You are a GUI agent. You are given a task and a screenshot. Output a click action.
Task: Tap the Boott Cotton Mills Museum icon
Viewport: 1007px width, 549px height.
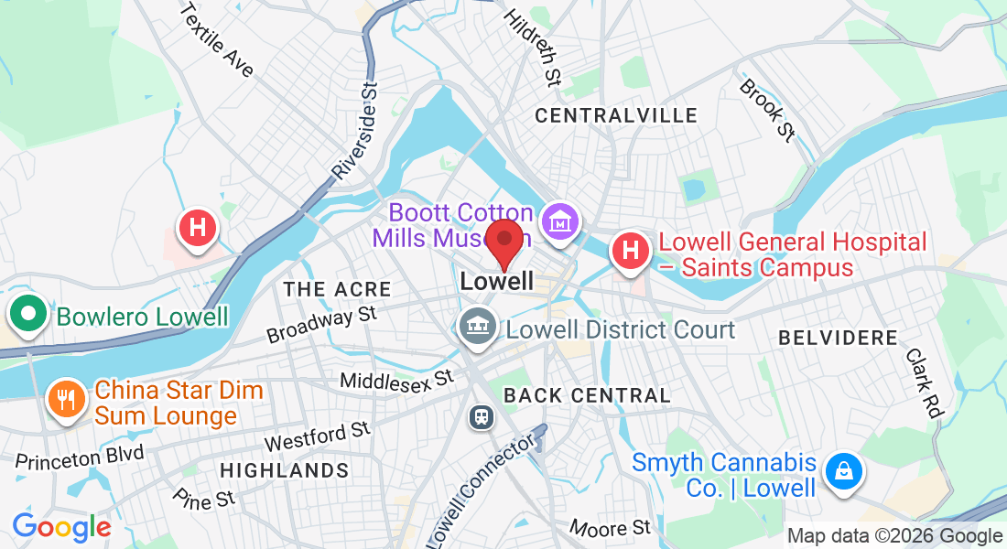tap(557, 222)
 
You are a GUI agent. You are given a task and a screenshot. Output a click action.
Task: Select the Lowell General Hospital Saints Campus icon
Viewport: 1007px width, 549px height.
tap(630, 250)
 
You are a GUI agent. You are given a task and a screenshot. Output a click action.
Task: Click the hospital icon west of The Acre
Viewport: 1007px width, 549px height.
tap(197, 227)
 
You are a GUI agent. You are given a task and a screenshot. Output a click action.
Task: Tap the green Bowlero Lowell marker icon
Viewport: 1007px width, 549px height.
tap(28, 315)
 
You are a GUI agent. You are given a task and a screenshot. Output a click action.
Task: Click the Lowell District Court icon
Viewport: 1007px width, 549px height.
tap(477, 325)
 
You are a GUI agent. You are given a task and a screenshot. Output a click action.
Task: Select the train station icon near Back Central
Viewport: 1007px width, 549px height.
tap(481, 417)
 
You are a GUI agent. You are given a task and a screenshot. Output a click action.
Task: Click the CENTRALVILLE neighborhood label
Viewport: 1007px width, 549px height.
tap(615, 116)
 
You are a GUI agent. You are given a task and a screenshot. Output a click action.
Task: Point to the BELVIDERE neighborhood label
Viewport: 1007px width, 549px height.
tap(838, 339)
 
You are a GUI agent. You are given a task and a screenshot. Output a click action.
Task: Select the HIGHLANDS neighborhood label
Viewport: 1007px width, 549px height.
tap(284, 471)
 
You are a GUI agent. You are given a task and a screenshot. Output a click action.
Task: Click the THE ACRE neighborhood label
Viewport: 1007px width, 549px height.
tap(337, 290)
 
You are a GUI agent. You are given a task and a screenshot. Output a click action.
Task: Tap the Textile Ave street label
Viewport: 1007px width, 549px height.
tap(217, 40)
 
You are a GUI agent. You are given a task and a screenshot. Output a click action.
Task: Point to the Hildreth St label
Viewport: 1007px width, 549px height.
tap(532, 45)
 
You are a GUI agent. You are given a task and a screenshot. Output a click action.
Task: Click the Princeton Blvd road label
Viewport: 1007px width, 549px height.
tap(80, 456)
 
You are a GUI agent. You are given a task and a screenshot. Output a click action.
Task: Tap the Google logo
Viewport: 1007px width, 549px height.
tap(61, 527)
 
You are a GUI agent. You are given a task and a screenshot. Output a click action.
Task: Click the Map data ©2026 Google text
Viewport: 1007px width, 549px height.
tap(894, 536)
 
